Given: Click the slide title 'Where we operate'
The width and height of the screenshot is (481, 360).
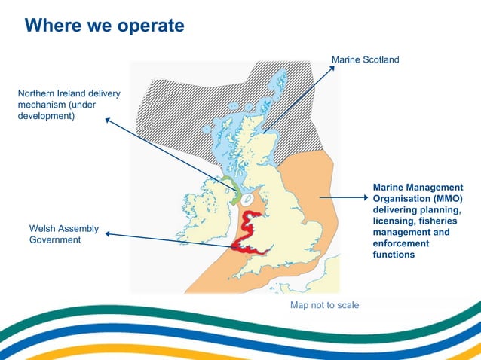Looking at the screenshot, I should (104, 26).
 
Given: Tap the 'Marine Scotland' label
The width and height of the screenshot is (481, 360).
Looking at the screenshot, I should (365, 59).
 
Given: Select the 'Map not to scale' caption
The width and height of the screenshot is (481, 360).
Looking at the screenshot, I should (325, 305).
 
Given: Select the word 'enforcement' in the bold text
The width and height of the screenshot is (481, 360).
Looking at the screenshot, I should (400, 243).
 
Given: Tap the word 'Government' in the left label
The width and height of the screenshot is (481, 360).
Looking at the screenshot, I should (54, 239).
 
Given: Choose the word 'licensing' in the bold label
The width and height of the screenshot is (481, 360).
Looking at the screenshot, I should (394, 221).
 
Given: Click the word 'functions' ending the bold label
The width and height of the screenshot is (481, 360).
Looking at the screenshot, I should (394, 255).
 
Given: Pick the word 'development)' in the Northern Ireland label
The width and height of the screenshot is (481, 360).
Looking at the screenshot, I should (46, 116).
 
